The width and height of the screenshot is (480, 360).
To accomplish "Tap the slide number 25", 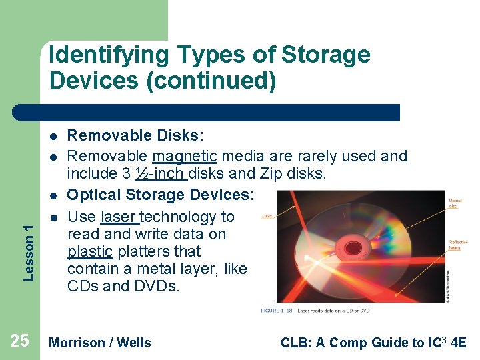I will pos(20,341).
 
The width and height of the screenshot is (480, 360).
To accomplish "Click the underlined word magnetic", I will pos(185,157).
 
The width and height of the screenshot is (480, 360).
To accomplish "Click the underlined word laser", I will pos(119,217).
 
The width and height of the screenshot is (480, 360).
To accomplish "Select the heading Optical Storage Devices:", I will pos(161,195).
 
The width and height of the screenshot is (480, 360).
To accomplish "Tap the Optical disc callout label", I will pos(455,203).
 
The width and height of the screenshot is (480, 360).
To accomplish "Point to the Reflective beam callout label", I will pos(458,245).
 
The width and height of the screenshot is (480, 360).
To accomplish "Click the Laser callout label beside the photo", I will pos(267,216).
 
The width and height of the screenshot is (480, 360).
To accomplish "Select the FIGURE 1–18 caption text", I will pos(315,311).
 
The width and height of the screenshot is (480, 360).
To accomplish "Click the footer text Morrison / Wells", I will pos(101,343).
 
